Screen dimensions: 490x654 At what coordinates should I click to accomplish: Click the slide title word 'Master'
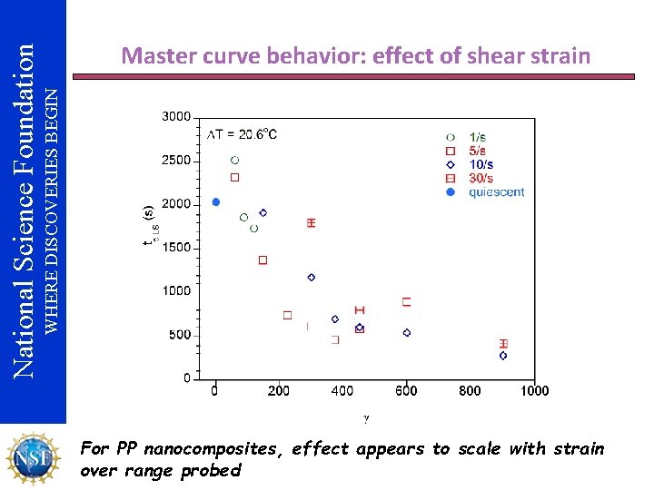156,56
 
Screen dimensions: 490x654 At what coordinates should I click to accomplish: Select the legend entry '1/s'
478,137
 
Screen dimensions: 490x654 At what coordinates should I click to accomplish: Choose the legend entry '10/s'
481,164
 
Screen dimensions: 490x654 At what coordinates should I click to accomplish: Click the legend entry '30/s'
481,178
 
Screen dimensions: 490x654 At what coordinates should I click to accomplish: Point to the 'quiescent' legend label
496,191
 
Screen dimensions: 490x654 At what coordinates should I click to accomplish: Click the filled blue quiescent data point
215,201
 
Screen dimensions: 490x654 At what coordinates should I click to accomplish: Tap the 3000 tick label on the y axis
175,116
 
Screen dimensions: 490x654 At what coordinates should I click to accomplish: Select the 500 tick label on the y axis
179,335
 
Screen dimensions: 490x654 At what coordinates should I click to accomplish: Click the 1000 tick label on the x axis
534,391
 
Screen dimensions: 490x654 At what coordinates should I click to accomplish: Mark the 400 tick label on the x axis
342,391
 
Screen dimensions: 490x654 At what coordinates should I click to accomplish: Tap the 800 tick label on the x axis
470,391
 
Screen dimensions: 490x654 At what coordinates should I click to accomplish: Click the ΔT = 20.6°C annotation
243,134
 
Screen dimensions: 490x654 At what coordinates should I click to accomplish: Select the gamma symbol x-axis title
366,418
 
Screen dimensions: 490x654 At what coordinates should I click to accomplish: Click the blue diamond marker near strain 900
503,356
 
